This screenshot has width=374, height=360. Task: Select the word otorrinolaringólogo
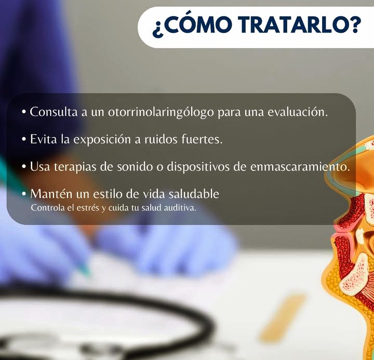[x=161, y=112]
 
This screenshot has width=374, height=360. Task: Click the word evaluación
[x=298, y=112]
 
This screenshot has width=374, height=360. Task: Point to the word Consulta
[x=54, y=112]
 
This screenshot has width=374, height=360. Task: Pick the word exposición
[x=102, y=140]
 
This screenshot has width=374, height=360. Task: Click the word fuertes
[x=202, y=139]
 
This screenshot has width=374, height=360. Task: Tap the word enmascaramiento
[x=300, y=167]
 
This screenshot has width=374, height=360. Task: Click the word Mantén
[x=51, y=194]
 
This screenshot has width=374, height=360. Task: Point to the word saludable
[x=194, y=194]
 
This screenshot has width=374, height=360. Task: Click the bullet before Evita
[x=23, y=139]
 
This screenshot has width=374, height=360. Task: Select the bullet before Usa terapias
[x=23, y=167]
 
